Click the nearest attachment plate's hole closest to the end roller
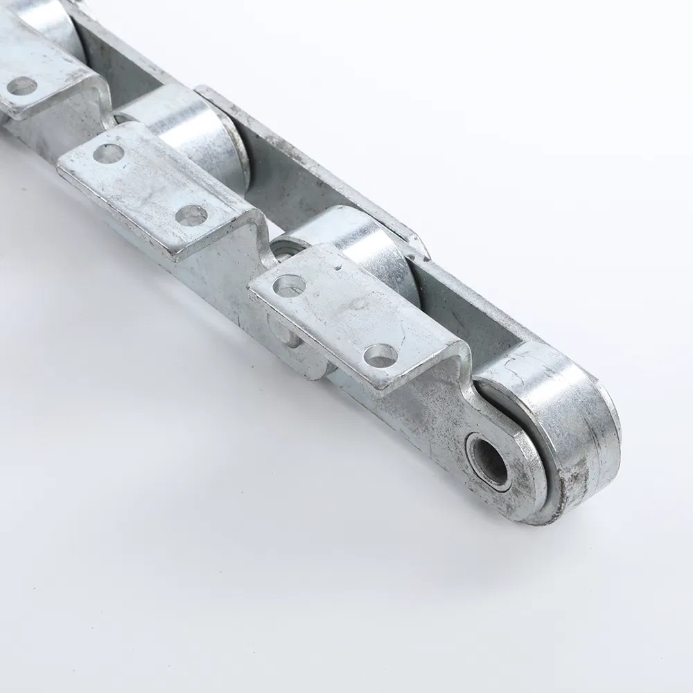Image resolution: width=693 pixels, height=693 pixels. click(380, 356)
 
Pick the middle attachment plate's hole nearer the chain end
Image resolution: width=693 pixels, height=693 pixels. click(191, 215)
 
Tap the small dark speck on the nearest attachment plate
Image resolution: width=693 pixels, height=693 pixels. click(337, 264)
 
